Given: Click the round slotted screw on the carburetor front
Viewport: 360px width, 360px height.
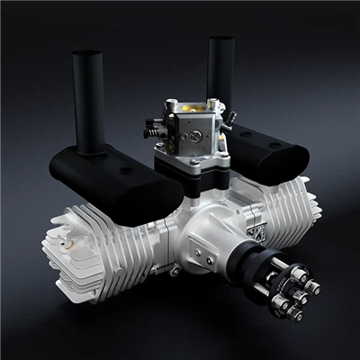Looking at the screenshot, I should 192,140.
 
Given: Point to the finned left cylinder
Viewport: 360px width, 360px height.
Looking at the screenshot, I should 99,238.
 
